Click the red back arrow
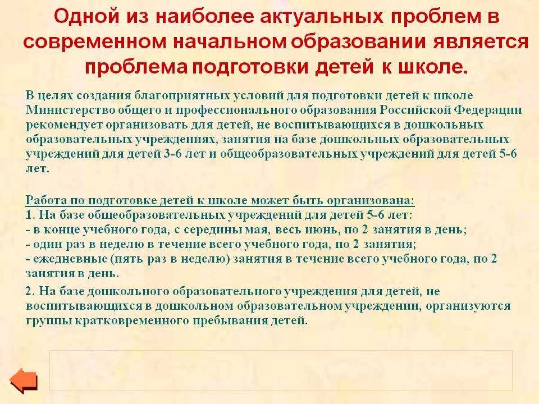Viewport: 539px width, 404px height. (24, 380)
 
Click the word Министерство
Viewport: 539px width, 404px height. (71, 110)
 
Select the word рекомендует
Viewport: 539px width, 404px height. (64, 125)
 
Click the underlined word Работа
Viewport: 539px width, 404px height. (46, 200)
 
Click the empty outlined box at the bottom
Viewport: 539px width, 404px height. (281, 370)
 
